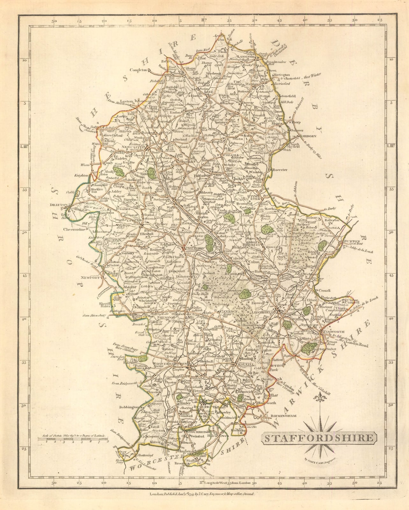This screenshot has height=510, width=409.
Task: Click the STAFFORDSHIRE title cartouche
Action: [x=319, y=438]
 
